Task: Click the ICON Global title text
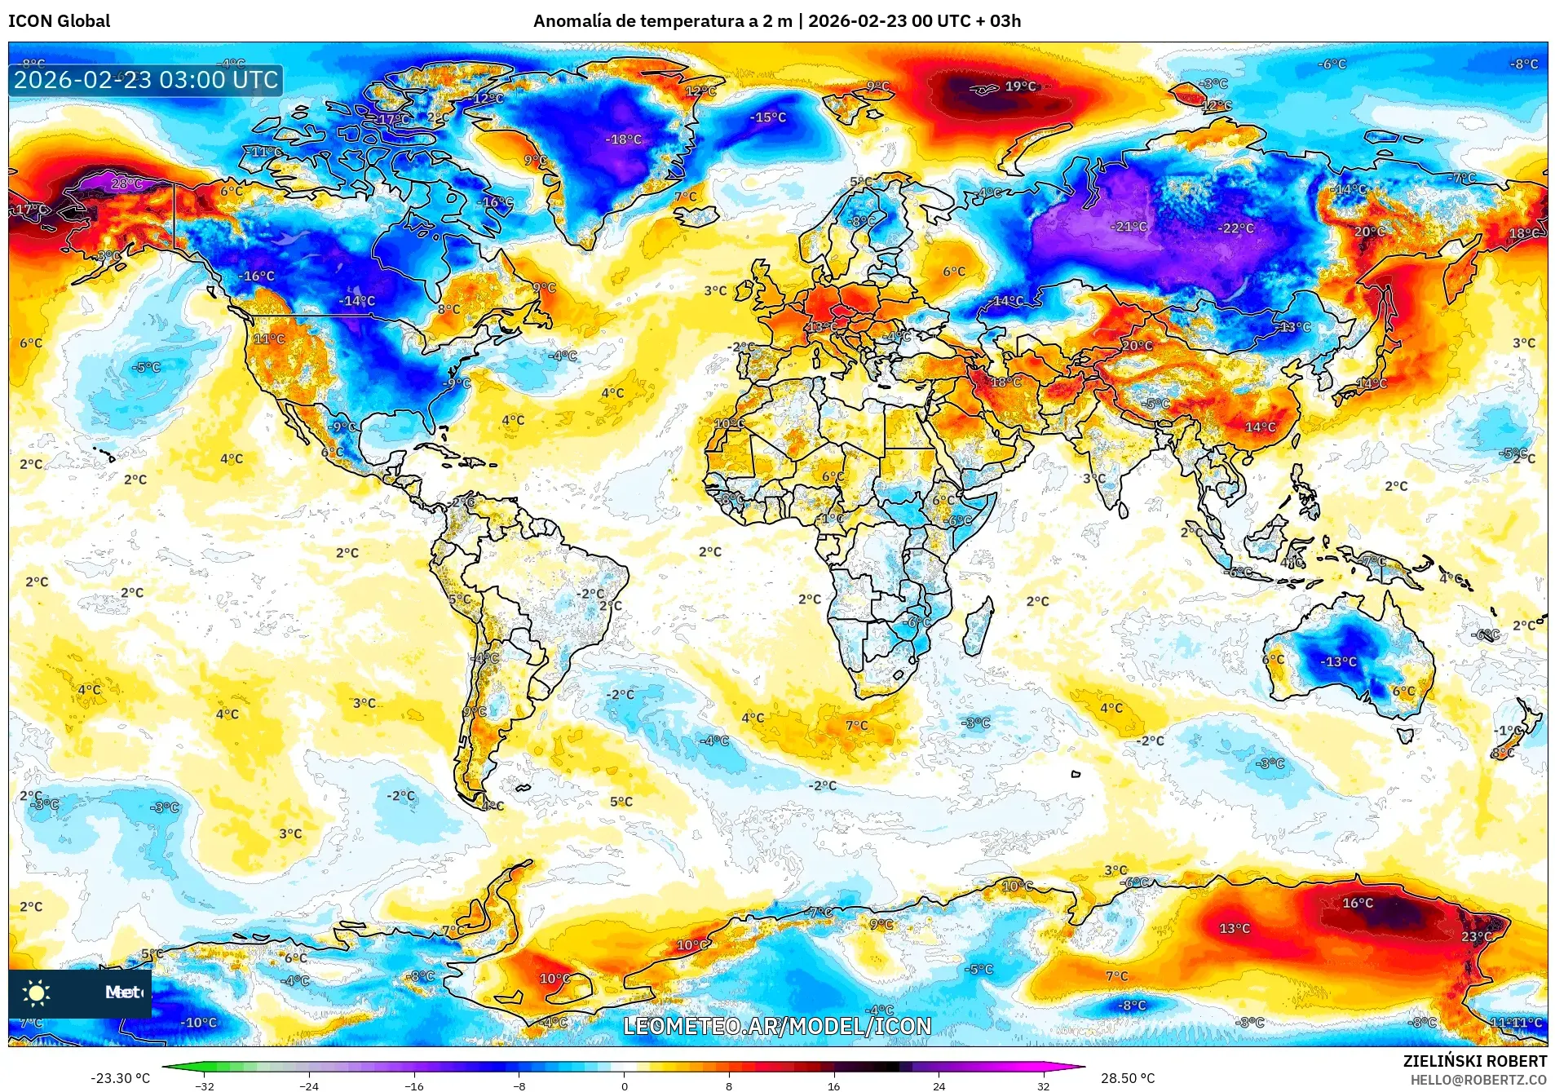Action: pyautogui.click(x=59, y=21)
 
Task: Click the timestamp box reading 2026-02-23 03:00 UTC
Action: pyautogui.click(x=146, y=80)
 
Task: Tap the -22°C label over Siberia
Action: pyautogui.click(x=1235, y=228)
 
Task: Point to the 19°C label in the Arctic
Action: pyautogui.click(x=1020, y=86)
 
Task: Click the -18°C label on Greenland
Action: pyautogui.click(x=623, y=139)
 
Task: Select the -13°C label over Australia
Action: pyautogui.click(x=1338, y=661)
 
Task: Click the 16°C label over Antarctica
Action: pyautogui.click(x=1358, y=903)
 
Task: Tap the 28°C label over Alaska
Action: pyautogui.click(x=126, y=183)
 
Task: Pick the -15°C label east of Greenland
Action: pyautogui.click(x=768, y=117)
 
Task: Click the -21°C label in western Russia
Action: pyautogui.click(x=1129, y=227)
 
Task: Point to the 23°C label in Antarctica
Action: pyautogui.click(x=1476, y=936)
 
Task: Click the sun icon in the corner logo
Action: pyautogui.click(x=36, y=993)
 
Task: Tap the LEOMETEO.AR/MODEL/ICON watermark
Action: pyautogui.click(x=777, y=1026)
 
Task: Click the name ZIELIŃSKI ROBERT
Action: pyautogui.click(x=1474, y=1061)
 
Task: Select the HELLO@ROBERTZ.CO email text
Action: pyautogui.click(x=1478, y=1080)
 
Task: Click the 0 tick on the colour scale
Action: pyautogui.click(x=625, y=1085)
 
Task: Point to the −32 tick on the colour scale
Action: pyautogui.click(x=205, y=1085)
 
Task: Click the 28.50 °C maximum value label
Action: pyautogui.click(x=1128, y=1078)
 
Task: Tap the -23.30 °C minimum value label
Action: pyautogui.click(x=120, y=1078)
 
